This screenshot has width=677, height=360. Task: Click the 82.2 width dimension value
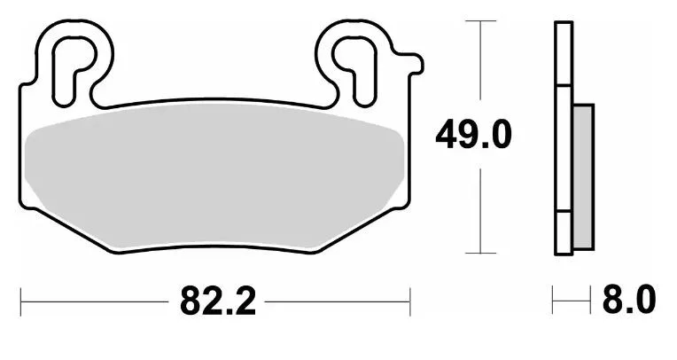[218, 301]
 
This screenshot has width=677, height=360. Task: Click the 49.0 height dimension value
[474, 135]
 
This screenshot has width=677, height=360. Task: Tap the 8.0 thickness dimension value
[629, 299]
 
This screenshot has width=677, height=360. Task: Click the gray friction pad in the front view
[214, 177]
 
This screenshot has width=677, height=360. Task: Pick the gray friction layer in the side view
[584, 176]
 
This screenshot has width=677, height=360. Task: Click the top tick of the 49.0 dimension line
[480, 20]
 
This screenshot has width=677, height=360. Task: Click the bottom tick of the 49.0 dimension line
[480, 254]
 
